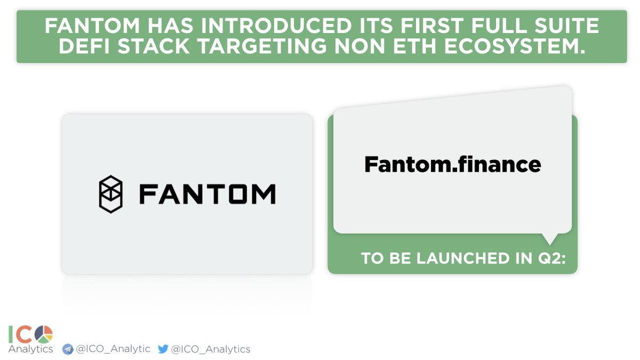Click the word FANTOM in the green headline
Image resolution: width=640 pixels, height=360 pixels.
[86, 26]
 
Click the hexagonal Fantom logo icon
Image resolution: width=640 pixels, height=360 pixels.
[111, 194]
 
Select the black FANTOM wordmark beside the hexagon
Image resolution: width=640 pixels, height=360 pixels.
[207, 194]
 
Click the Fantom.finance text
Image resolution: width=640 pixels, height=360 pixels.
[452, 164]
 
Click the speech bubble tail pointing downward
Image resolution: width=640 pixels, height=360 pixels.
[550, 238]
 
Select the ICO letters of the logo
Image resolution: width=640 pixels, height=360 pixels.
[21, 334]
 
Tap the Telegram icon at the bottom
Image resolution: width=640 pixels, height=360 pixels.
[68, 349]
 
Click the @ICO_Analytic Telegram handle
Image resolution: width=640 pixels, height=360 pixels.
[113, 349]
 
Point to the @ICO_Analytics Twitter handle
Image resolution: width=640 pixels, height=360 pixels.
[210, 349]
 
